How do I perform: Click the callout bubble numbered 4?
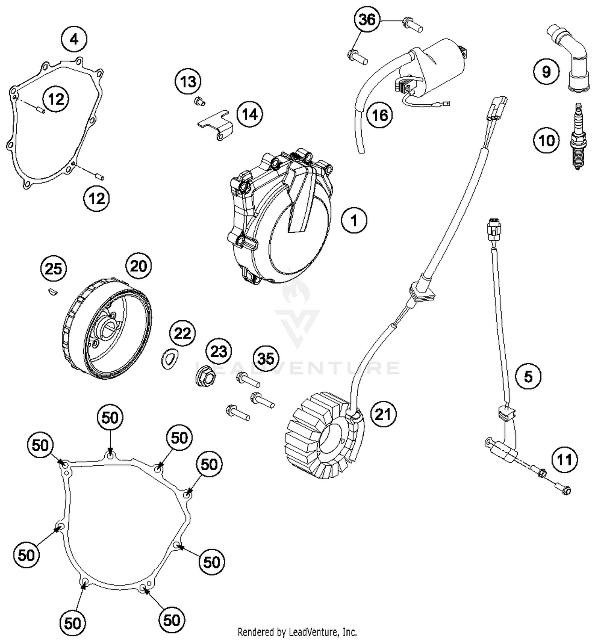pyautogui.click(x=74, y=39)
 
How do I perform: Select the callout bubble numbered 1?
pyautogui.click(x=354, y=220)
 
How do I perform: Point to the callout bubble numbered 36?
pyautogui.click(x=367, y=19)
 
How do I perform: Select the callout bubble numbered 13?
pyautogui.click(x=188, y=82)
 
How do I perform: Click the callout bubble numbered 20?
pyautogui.click(x=138, y=266)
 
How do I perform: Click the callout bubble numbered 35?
pyautogui.click(x=266, y=358)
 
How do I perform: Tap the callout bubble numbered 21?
pyautogui.click(x=383, y=414)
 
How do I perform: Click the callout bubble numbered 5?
pyautogui.click(x=528, y=376)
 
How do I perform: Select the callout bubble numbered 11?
pyautogui.click(x=564, y=460)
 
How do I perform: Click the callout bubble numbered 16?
pyautogui.click(x=380, y=115)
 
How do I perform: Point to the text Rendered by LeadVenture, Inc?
pyautogui.click(x=297, y=631)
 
